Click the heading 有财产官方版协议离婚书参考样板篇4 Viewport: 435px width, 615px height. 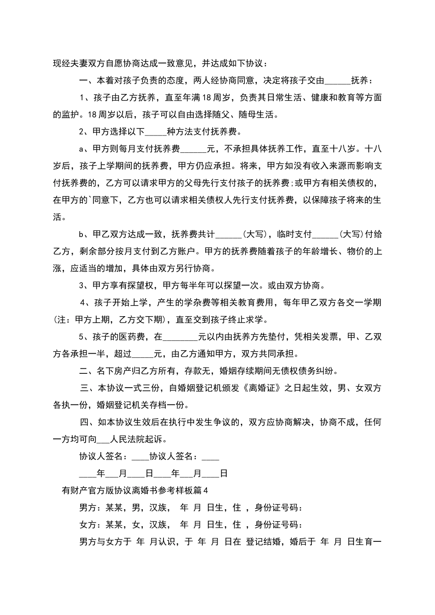pyautogui.click(x=135, y=491)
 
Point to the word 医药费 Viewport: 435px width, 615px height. pyautogui.click(x=133, y=337)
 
